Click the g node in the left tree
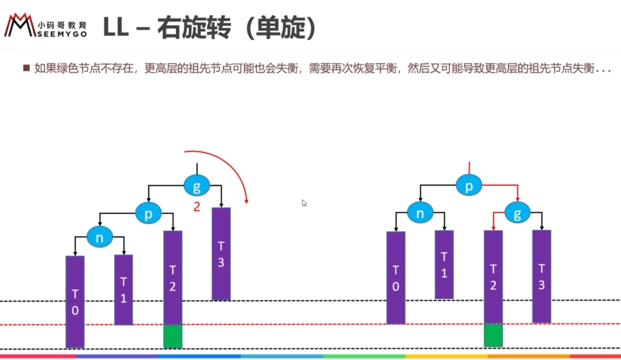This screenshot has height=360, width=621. coord(197,186)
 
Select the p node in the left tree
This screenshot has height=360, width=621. coord(148,214)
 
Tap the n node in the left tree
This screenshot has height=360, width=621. coord(99,238)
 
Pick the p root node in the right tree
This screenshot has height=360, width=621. coord(469,186)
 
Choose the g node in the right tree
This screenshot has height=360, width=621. coord(517,213)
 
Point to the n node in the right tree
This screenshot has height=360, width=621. coord(420,213)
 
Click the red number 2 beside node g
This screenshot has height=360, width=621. coord(196,207)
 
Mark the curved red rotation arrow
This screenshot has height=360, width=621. coord(233,168)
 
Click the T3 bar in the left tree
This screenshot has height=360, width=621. coord(221,253)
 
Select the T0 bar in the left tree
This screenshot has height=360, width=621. coord(75,301)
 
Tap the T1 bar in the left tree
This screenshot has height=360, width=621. coord(123,290)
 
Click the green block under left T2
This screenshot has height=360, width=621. coord(173,336)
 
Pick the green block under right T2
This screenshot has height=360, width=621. coord(493,335)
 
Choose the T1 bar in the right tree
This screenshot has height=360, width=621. coord(444,265)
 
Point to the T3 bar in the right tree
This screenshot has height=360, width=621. coord(541,276)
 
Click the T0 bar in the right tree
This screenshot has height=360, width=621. coord(395,278)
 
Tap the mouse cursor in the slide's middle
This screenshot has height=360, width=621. coord(304,203)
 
